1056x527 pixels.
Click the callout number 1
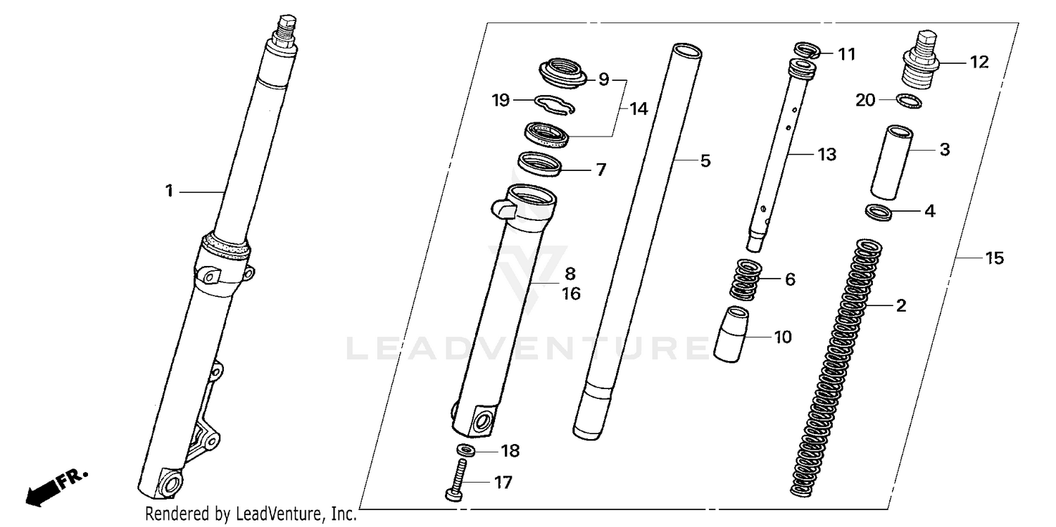169,191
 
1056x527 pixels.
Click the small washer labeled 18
464,450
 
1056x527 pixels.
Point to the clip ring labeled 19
555,103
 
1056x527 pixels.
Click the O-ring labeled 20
909,101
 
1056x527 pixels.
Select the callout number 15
993,258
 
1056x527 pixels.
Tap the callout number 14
638,109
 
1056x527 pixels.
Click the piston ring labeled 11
808,50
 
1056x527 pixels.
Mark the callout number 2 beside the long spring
900,305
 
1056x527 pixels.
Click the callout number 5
705,161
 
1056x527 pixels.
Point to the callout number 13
826,154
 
